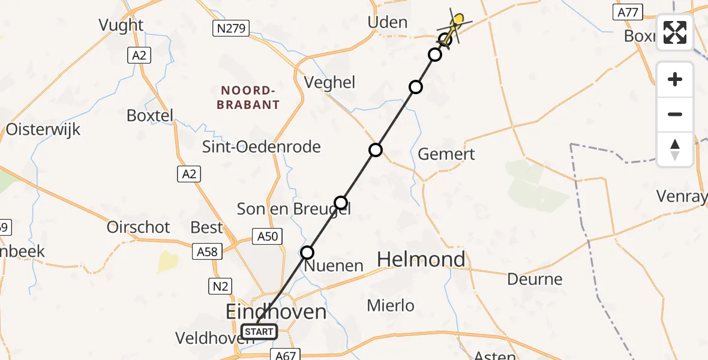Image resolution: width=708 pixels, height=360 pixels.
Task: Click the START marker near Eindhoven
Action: (259, 331)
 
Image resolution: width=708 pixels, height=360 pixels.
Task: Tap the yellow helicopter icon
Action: (455, 25)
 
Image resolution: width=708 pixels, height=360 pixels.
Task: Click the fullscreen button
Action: (675, 32)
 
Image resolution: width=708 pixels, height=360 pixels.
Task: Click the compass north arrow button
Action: (675, 149)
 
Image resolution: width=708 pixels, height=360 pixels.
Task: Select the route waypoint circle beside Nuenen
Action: (307, 253)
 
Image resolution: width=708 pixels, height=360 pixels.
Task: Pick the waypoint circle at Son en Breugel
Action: (341, 203)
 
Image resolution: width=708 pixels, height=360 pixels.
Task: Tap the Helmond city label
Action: (421, 259)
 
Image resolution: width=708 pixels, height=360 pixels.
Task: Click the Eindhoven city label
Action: (276, 311)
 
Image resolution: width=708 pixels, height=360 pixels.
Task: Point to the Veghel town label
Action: (330, 82)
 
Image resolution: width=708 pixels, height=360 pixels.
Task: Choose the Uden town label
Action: (387, 23)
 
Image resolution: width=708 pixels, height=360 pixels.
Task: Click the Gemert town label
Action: (446, 154)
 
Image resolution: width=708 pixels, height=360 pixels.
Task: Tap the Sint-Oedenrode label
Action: (261, 147)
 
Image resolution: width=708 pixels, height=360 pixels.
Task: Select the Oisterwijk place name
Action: (43, 130)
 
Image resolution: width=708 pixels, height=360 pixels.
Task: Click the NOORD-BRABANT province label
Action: (250, 97)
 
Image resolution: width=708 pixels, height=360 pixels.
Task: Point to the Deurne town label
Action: (535, 279)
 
